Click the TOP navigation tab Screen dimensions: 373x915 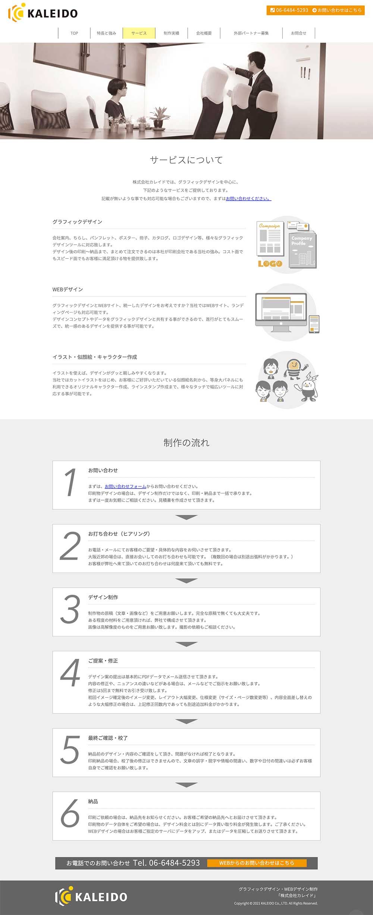(x=74, y=33)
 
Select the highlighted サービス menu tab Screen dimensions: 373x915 (x=139, y=33)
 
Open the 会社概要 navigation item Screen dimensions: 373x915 (x=204, y=33)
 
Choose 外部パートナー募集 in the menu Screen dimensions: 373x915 (x=251, y=33)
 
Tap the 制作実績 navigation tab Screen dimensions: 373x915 (x=171, y=33)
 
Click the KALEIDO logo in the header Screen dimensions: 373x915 (x=43, y=13)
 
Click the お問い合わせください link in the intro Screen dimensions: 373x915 (x=248, y=198)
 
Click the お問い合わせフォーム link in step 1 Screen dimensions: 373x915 (x=125, y=486)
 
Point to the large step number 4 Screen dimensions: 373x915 (x=70, y=673)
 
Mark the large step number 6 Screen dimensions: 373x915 (x=70, y=813)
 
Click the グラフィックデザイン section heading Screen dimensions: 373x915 (x=77, y=222)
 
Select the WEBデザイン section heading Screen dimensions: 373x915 (x=68, y=289)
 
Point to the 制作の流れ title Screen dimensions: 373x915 (x=186, y=442)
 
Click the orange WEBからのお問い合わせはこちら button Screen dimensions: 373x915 (x=257, y=863)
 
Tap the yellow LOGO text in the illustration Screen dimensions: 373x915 (x=270, y=264)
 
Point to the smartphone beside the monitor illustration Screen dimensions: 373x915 (x=314, y=324)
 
